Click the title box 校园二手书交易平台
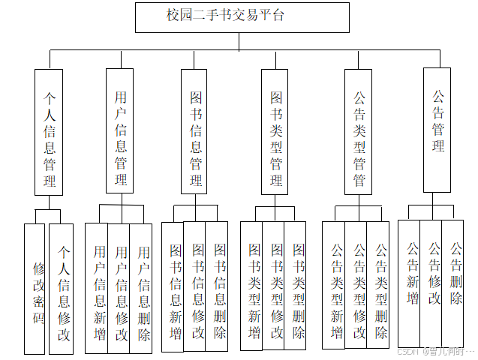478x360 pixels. (x=242, y=17)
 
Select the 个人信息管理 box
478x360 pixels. (x=49, y=132)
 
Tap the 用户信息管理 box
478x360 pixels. (x=120, y=132)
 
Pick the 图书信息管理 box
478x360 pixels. (x=195, y=132)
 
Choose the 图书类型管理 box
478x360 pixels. (x=275, y=132)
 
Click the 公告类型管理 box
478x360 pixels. (x=359, y=132)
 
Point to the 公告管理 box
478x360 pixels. (x=437, y=129)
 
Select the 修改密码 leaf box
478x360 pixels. (x=35, y=289)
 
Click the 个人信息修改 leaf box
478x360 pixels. (x=62, y=289)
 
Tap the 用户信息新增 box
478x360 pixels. (x=97, y=289)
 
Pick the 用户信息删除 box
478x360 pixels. (x=141, y=289)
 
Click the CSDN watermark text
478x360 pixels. (x=436, y=351)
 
